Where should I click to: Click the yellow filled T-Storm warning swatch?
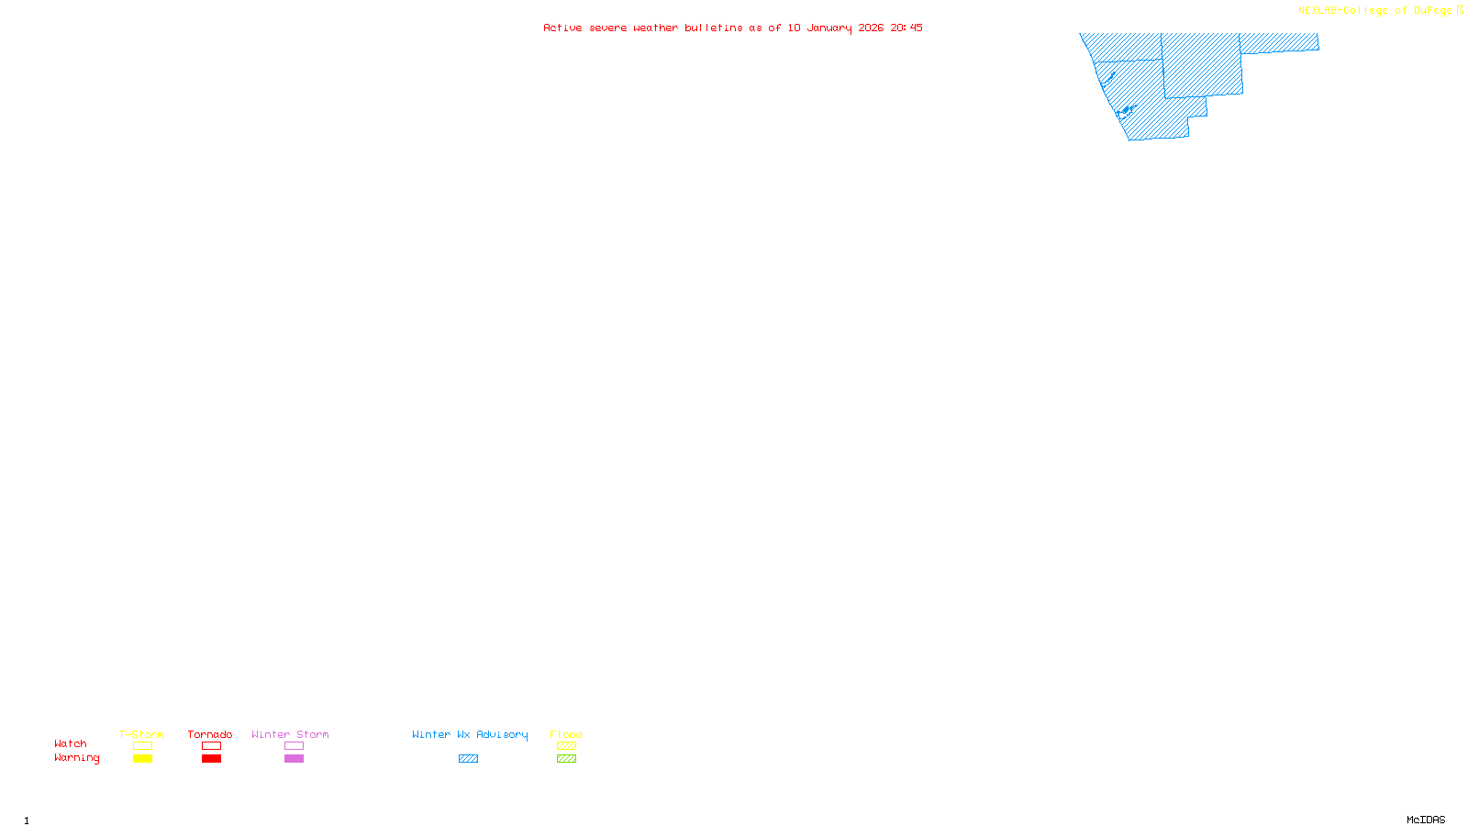(142, 759)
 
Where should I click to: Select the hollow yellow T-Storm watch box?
(142, 746)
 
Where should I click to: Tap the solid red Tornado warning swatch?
(211, 759)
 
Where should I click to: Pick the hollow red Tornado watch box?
(211, 746)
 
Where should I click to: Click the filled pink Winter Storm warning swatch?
(294, 759)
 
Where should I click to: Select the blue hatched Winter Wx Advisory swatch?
(468, 759)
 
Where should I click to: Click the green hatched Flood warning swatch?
(566, 759)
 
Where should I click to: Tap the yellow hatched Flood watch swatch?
(566, 746)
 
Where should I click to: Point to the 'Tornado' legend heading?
(210, 734)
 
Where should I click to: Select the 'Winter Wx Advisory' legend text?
(470, 734)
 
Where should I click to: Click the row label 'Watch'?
(71, 744)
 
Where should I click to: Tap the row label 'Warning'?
(77, 758)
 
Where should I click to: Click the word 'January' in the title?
(829, 28)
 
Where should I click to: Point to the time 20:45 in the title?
(906, 28)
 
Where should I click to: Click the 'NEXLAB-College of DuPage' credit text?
(1374, 11)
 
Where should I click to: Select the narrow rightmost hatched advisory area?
(1279, 42)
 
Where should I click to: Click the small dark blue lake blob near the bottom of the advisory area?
(1125, 112)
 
